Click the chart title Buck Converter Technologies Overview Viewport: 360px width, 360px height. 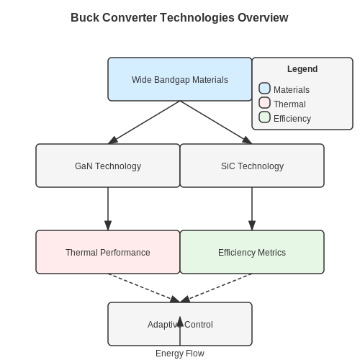pos(179,18)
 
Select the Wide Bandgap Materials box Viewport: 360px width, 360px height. pos(180,79)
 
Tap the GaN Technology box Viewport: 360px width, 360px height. pos(108,166)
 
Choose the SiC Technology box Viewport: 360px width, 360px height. pos(252,166)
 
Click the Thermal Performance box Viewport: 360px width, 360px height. pos(108,252)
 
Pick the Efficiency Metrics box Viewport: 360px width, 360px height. pos(252,252)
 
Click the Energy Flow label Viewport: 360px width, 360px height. pos(180,354)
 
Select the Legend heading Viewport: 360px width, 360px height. pos(302,69)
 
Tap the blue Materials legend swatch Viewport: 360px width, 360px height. pos(265,88)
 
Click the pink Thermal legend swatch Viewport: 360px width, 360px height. pos(265,102)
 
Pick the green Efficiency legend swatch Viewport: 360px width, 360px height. pos(265,117)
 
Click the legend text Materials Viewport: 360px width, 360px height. pos(292,90)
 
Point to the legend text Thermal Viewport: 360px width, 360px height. pos(289,104)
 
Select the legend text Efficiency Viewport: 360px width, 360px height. pos(292,119)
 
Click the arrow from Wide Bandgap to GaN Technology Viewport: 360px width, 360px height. pos(144,122)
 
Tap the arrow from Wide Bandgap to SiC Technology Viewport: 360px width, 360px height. pos(216,122)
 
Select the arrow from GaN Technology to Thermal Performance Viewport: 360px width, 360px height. pos(108,209)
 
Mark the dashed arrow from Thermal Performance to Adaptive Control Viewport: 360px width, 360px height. pos(144,288)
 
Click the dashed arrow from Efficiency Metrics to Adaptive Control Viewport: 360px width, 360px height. pos(216,288)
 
